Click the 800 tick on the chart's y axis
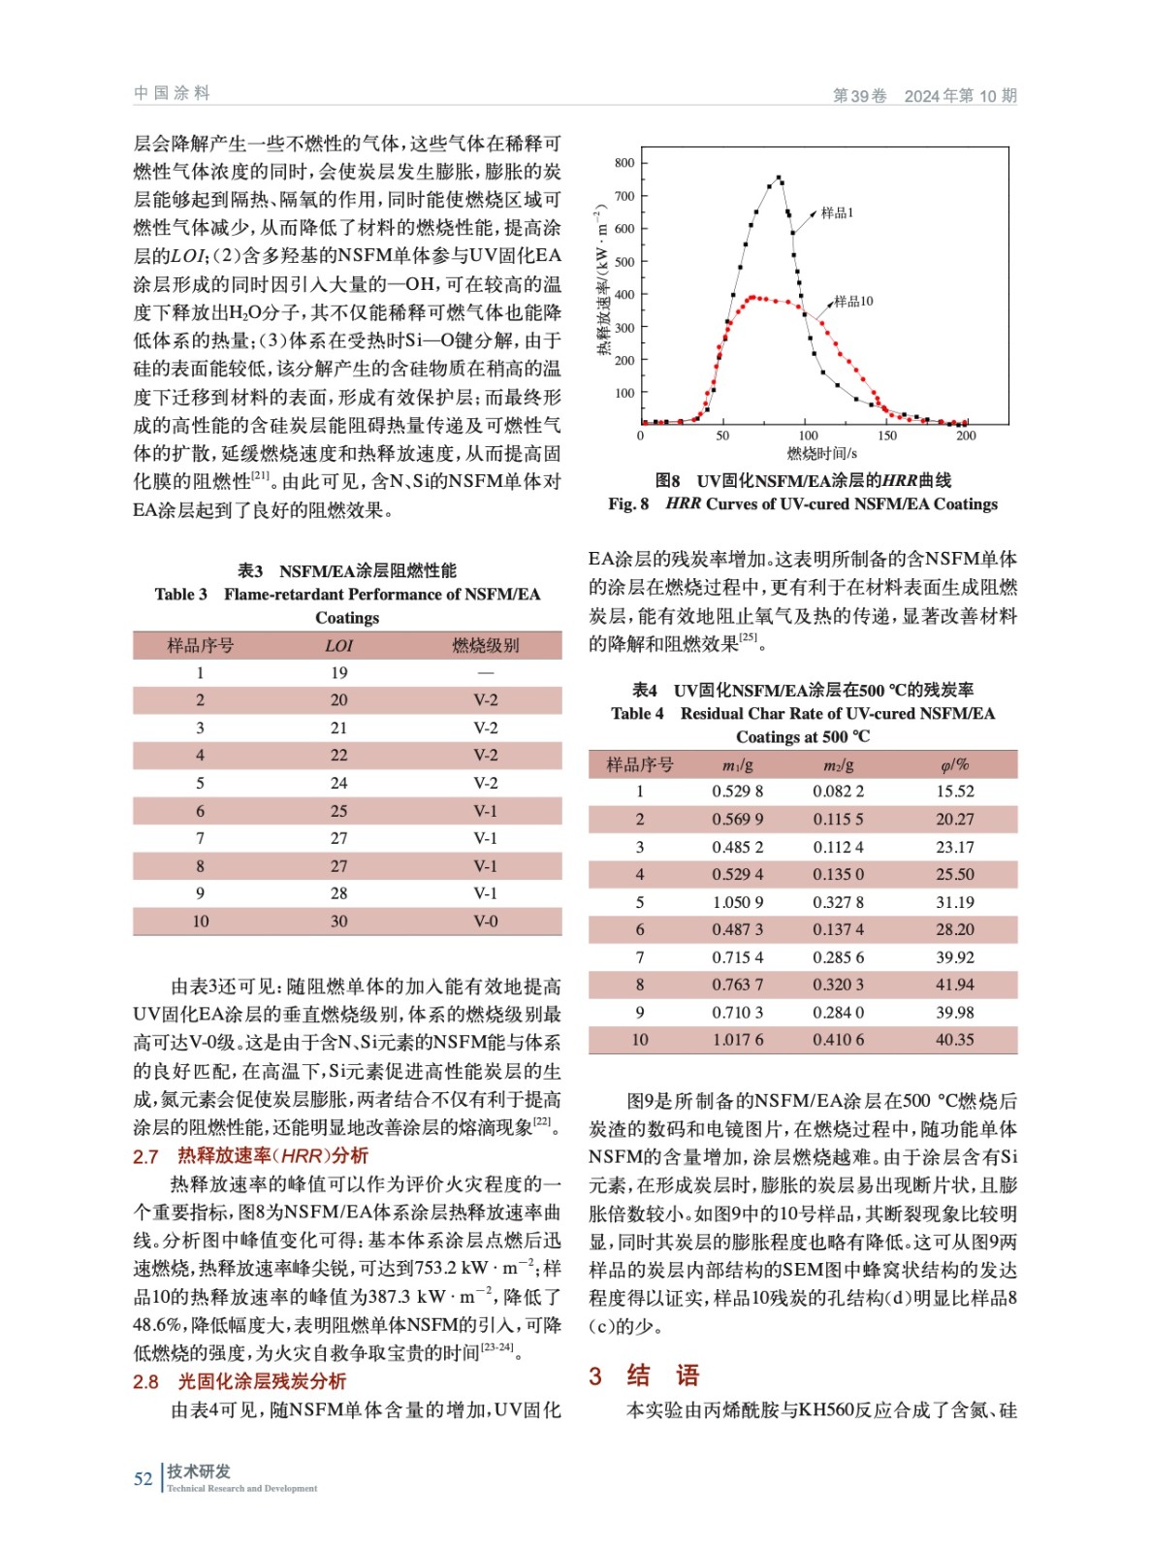click(624, 163)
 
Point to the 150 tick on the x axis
click(887, 436)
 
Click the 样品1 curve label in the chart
click(837, 212)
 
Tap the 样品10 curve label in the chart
click(853, 301)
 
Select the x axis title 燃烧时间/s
click(821, 453)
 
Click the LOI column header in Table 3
click(338, 645)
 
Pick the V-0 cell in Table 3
click(486, 921)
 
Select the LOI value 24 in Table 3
click(338, 783)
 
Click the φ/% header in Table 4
click(954, 764)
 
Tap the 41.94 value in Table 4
click(954, 985)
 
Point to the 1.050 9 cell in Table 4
click(737, 902)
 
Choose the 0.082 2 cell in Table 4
click(838, 792)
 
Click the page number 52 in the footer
click(144, 1478)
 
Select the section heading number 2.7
click(145, 1156)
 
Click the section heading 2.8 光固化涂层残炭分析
click(240, 1381)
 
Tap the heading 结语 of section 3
click(663, 1375)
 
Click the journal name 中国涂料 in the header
click(172, 93)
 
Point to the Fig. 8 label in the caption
click(628, 503)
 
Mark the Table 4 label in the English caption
click(637, 713)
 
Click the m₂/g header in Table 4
click(838, 764)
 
